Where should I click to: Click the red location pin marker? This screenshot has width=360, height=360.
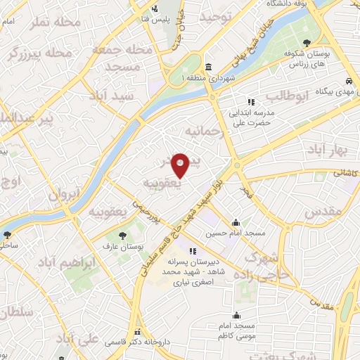[x=181, y=165]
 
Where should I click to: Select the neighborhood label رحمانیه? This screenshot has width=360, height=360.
[x=204, y=131]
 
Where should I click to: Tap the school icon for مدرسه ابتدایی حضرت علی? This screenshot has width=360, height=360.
[x=252, y=103]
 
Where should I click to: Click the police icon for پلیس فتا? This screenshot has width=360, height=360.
[x=155, y=8]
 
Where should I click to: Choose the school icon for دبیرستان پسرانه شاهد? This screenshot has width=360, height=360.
[x=193, y=251]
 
